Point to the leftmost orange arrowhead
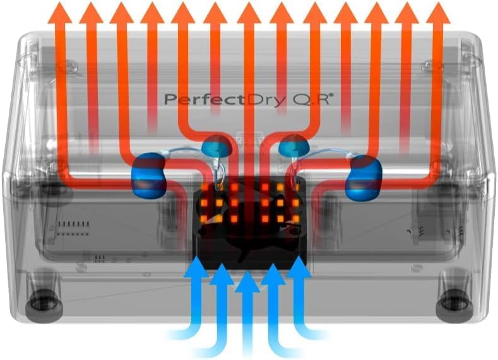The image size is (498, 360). click(x=60, y=13)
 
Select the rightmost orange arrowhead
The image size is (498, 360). click(x=438, y=13)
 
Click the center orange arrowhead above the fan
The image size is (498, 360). click(x=249, y=13)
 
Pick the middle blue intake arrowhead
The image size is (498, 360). click(x=247, y=282)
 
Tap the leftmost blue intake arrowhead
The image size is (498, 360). click(x=196, y=268)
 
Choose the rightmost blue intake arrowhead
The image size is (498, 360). click(x=299, y=268)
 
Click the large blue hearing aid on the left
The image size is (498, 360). click(x=148, y=176)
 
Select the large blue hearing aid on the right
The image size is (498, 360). click(x=364, y=177)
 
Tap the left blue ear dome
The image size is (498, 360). click(x=217, y=146)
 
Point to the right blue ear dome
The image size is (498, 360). click(x=293, y=145)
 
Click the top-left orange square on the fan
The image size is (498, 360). click(x=205, y=187)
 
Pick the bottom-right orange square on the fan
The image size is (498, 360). click(x=295, y=219)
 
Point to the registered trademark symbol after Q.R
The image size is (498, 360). click(x=331, y=94)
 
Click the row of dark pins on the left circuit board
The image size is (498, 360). click(x=73, y=224)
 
